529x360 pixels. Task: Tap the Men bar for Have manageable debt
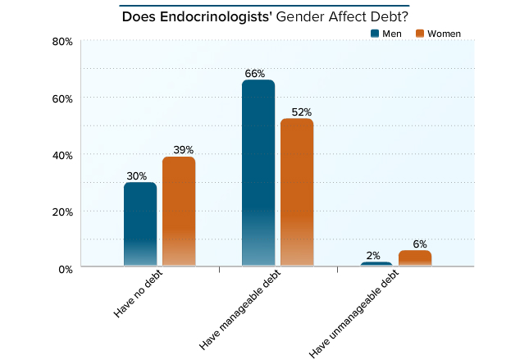(258, 172)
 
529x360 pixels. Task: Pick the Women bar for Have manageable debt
(297, 192)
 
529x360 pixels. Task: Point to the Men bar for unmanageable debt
(376, 264)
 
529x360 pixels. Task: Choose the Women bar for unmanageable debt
(415, 258)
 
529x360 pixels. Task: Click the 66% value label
(255, 74)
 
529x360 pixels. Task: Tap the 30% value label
(137, 175)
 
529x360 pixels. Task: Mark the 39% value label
(183, 150)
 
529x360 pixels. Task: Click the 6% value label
(420, 244)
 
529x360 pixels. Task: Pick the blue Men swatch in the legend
(376, 34)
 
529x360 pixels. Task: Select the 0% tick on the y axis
(66, 268)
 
